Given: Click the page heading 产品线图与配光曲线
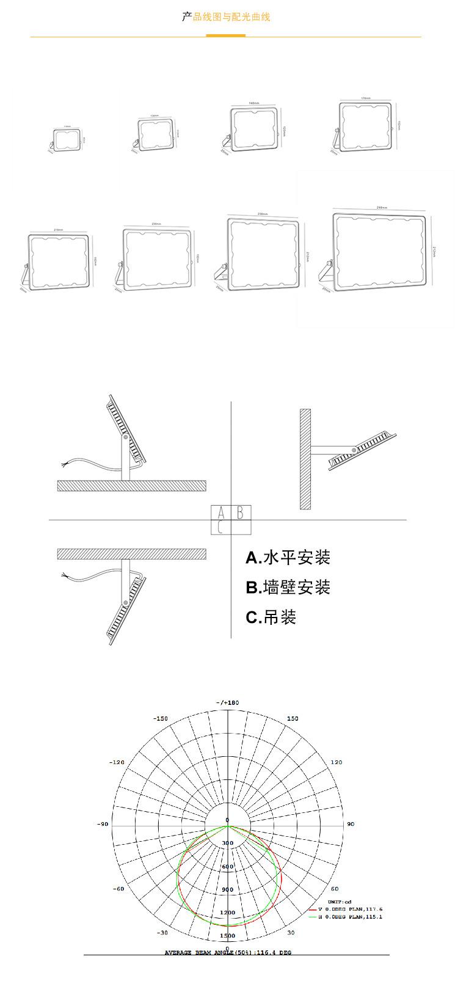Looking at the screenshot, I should coord(226,17).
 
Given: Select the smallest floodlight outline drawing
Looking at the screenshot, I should coord(67,140).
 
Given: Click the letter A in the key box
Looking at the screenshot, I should coord(220,512).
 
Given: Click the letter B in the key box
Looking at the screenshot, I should coord(241,512).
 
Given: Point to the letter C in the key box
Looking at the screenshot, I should coord(220,527).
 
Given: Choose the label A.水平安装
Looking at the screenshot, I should coord(288,558).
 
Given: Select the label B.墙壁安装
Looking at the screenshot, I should coord(288,588).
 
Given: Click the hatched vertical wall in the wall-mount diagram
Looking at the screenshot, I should coord(305,459).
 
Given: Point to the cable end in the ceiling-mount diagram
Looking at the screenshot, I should coord(64,575).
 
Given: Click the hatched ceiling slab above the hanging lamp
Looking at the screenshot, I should coord(131,554).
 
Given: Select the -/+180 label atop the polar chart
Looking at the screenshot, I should coord(227,703).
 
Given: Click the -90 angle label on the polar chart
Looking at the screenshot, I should coord(102,825).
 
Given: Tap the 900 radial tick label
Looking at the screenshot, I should coord(227,890).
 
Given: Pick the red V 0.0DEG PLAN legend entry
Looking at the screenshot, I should coord(350,909).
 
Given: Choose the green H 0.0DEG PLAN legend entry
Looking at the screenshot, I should coord(350,917).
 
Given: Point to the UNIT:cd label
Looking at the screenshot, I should coord(340,902).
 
